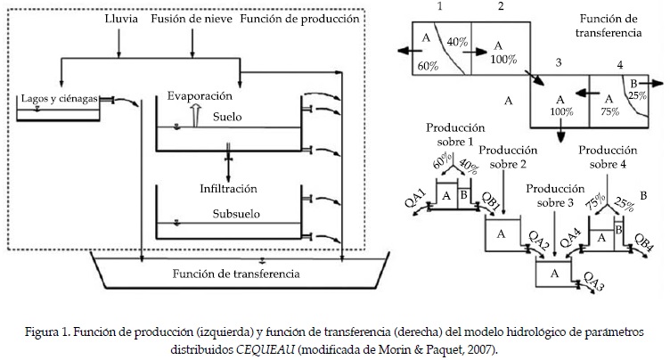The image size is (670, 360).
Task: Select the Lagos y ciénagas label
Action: click(56, 98)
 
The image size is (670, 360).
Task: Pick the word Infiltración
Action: click(229, 188)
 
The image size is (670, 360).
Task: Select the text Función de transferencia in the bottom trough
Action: click(236, 274)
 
